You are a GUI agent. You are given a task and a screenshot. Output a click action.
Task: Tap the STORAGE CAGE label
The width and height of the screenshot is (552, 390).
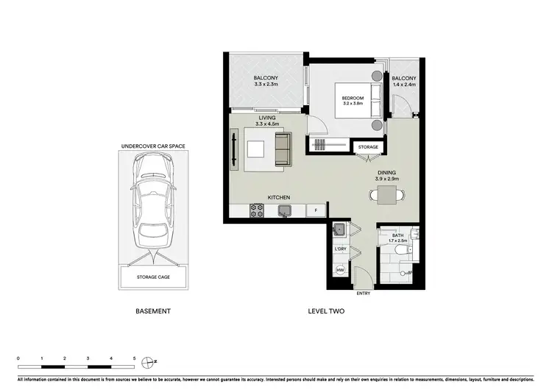(x=153, y=277)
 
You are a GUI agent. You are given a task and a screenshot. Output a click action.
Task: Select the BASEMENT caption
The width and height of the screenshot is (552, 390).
(x=153, y=311)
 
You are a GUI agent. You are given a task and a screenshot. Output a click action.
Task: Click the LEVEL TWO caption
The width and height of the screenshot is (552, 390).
(x=326, y=311)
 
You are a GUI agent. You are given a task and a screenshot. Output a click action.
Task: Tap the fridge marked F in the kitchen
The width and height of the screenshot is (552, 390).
(x=316, y=211)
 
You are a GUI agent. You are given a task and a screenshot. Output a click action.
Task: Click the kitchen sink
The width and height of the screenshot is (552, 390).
(x=284, y=211)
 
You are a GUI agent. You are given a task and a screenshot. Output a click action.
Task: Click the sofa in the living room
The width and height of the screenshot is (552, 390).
(x=283, y=149)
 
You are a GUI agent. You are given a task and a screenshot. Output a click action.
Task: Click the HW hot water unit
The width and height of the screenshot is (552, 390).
(x=340, y=271)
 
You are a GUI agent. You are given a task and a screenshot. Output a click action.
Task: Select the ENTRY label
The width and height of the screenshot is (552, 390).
(x=363, y=294)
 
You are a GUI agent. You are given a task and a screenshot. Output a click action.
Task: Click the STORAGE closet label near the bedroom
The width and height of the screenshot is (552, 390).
(x=368, y=147)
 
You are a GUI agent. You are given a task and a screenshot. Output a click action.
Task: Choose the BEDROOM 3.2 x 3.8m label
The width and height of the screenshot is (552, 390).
(x=353, y=100)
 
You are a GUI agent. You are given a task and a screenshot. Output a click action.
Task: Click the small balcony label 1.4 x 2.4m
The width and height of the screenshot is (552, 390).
(x=403, y=82)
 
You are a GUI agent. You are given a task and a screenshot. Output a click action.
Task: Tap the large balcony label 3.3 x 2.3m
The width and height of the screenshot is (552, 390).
(x=266, y=82)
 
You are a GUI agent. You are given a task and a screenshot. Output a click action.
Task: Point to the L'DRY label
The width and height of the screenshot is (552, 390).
(x=340, y=249)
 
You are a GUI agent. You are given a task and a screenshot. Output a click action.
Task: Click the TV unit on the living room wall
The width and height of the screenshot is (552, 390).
(x=235, y=149)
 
